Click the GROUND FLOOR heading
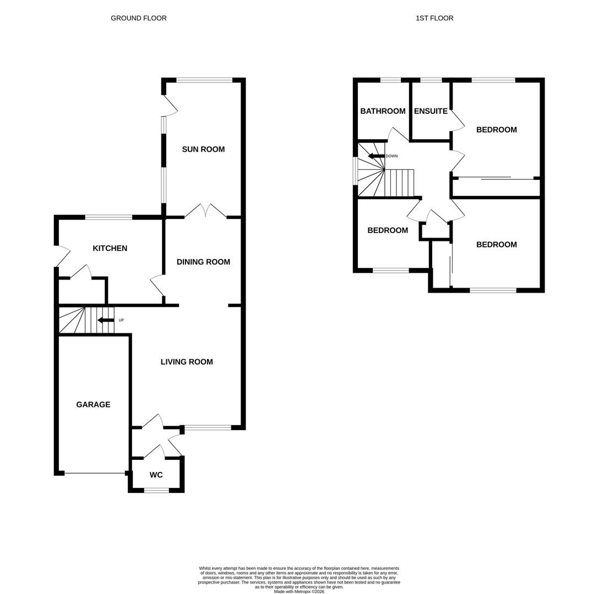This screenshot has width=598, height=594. pyautogui.click(x=138, y=18)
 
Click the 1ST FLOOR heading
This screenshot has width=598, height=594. pyautogui.click(x=434, y=18)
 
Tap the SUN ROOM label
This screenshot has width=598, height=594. pyautogui.click(x=203, y=149)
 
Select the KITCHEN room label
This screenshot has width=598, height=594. pyautogui.click(x=110, y=248)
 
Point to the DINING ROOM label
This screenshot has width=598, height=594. pyautogui.click(x=203, y=262)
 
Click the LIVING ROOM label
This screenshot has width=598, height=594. pyautogui.click(x=187, y=361)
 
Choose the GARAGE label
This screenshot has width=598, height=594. pyautogui.click(x=93, y=404)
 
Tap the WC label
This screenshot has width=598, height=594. pyautogui.click(x=156, y=475)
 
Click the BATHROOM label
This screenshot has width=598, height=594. pyautogui.click(x=383, y=111)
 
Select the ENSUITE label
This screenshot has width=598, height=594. pyautogui.click(x=431, y=111)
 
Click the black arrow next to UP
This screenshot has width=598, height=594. pyautogui.click(x=105, y=320)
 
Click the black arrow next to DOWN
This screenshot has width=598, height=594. pyautogui.click(x=376, y=156)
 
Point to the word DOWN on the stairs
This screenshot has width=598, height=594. pyautogui.click(x=392, y=156)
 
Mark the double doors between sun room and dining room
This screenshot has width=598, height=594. pyautogui.click(x=205, y=211)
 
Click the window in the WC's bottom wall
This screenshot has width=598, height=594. pyautogui.click(x=156, y=490)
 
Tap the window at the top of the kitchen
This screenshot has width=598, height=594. pyautogui.click(x=108, y=217)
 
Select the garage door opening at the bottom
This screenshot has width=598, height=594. pyautogui.click(x=95, y=473)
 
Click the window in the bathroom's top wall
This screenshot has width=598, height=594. pyautogui.click(x=390, y=80)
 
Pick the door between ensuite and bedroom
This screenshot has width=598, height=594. pyautogui.click(x=456, y=120)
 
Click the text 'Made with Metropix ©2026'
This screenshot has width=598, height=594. pyautogui.click(x=299, y=592)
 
